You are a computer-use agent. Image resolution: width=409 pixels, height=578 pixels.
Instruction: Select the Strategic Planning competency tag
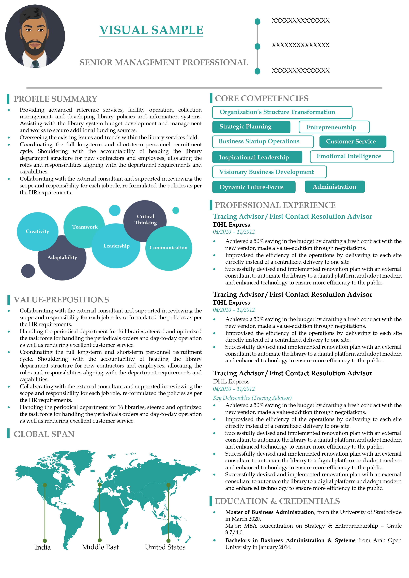click(251, 127)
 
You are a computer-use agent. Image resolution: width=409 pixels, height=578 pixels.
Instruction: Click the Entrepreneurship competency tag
click(334, 127)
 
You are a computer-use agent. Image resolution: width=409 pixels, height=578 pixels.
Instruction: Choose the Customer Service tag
click(353, 141)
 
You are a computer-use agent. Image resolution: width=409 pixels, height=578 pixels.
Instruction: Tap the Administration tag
click(334, 187)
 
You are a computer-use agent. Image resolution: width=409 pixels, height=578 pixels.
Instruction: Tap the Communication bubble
click(169, 248)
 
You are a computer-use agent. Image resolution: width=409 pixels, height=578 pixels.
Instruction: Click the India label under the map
click(43, 547)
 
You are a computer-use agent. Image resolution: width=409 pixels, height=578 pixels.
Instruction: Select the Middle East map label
click(100, 547)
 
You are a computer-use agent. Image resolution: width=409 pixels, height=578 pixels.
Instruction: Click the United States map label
click(165, 547)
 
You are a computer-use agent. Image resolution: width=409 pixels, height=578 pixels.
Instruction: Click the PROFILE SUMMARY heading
click(55, 99)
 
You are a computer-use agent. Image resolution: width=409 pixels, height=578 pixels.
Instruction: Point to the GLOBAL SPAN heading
click(44, 434)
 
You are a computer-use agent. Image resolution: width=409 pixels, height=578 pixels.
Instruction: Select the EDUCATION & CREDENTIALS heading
click(277, 501)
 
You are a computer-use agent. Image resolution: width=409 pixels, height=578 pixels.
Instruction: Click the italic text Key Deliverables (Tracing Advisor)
click(252, 398)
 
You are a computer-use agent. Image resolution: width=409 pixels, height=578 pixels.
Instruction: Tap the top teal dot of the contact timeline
click(257, 21)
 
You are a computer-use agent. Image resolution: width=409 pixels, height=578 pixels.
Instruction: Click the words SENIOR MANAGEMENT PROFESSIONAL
click(164, 62)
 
